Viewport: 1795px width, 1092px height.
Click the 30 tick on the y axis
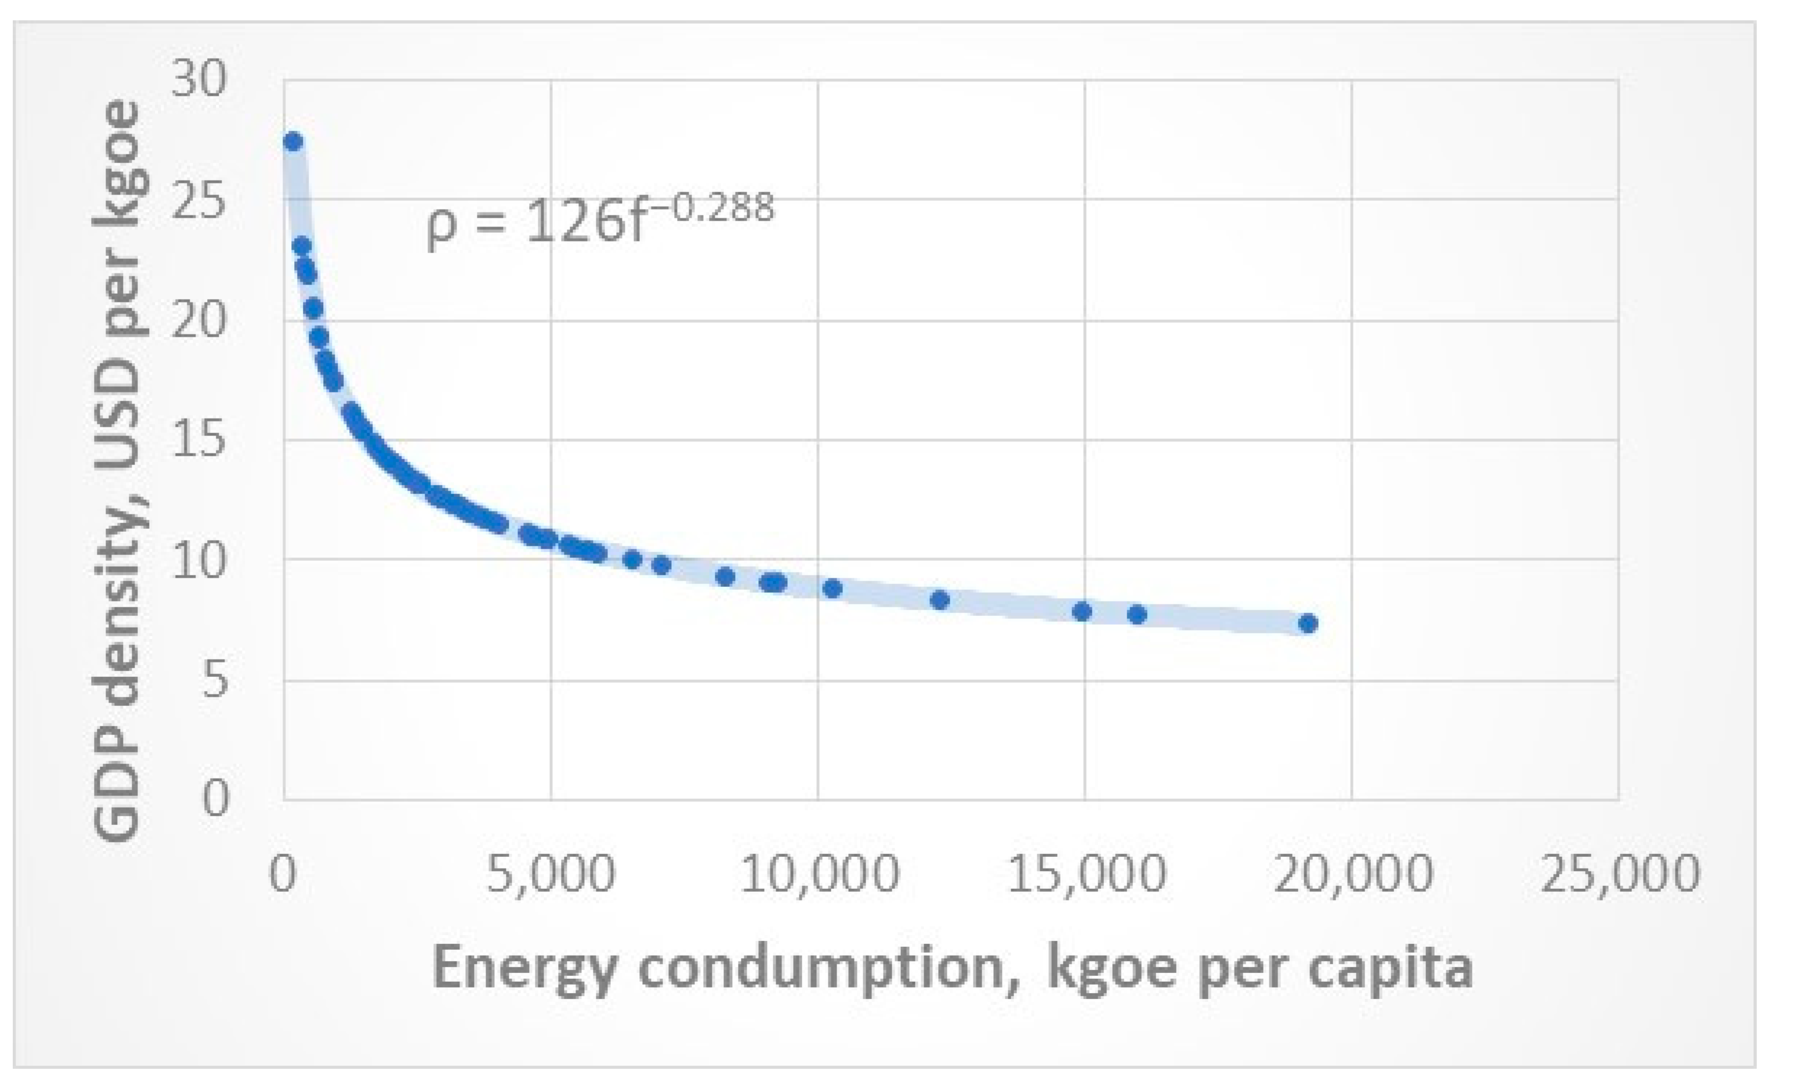pos(199,79)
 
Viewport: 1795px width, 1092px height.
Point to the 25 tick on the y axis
pos(199,200)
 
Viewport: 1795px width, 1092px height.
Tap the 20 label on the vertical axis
pos(199,320)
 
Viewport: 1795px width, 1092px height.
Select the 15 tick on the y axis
pos(199,440)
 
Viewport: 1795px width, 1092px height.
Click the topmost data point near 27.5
pos(293,142)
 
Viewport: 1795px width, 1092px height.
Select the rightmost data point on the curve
pos(1308,624)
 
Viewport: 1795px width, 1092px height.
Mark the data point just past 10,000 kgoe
pos(833,588)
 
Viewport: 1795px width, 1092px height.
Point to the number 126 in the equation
pos(567,223)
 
